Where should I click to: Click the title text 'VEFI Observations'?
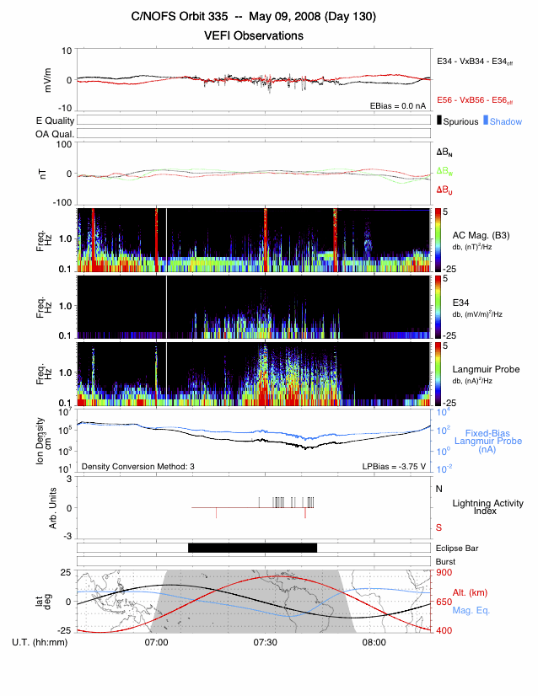click(253, 36)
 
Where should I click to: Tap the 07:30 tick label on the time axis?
click(266, 643)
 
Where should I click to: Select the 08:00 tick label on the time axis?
click(374, 643)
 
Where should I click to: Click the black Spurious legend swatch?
click(439, 121)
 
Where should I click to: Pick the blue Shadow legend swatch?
click(486, 121)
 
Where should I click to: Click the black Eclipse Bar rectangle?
click(252, 548)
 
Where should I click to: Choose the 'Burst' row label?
click(444, 561)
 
